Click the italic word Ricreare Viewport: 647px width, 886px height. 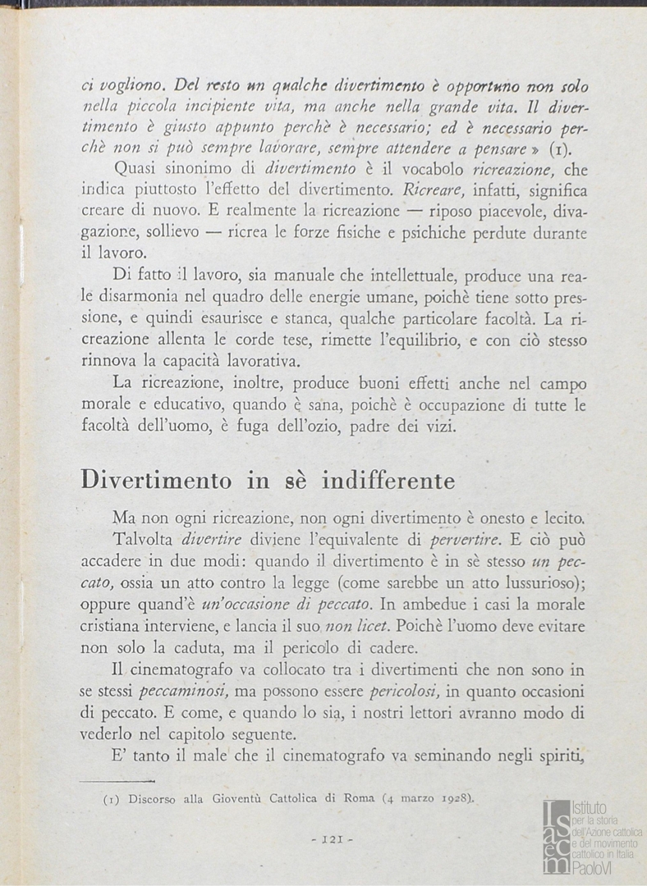(x=438, y=191)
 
